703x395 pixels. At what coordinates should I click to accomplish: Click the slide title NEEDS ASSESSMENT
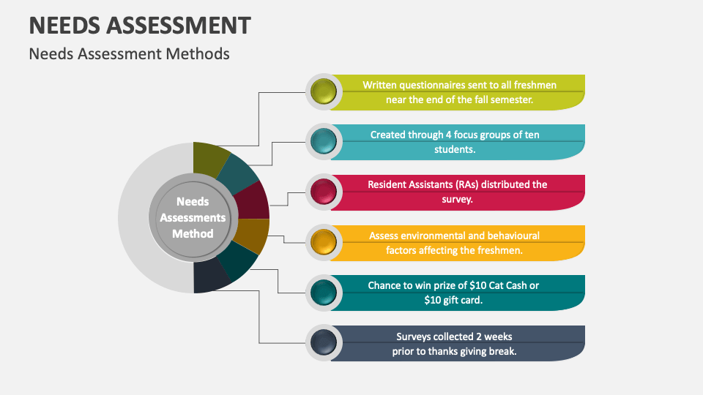pyautogui.click(x=139, y=25)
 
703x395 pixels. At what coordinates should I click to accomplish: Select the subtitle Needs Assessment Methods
pyautogui.click(x=129, y=54)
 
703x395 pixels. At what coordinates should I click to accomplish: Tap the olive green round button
pyautogui.click(x=323, y=92)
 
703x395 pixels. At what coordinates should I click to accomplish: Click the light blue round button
pyautogui.click(x=323, y=142)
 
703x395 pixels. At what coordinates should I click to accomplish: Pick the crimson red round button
pyautogui.click(x=323, y=192)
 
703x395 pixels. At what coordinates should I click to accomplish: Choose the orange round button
pyautogui.click(x=323, y=242)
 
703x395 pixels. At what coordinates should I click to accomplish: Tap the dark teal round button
pyautogui.click(x=323, y=293)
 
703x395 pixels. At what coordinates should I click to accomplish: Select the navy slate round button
pyautogui.click(x=323, y=342)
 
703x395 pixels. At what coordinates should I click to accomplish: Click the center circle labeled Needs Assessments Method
pyautogui.click(x=193, y=218)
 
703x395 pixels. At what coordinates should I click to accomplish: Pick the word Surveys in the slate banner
pyautogui.click(x=415, y=336)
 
